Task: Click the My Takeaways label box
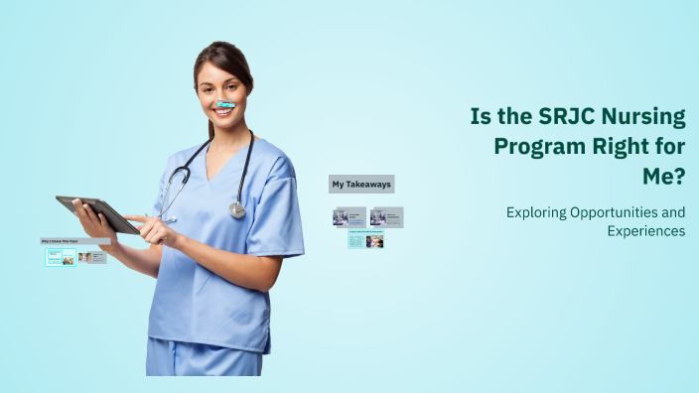(x=361, y=184)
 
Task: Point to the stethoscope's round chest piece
(x=236, y=209)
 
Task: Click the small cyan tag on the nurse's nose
(x=225, y=104)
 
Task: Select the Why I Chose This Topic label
(x=74, y=241)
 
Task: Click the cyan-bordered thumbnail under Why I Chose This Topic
(x=61, y=257)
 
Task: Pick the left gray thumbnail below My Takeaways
(x=349, y=216)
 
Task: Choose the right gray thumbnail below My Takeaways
(x=386, y=216)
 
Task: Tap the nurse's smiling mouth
(x=224, y=111)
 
